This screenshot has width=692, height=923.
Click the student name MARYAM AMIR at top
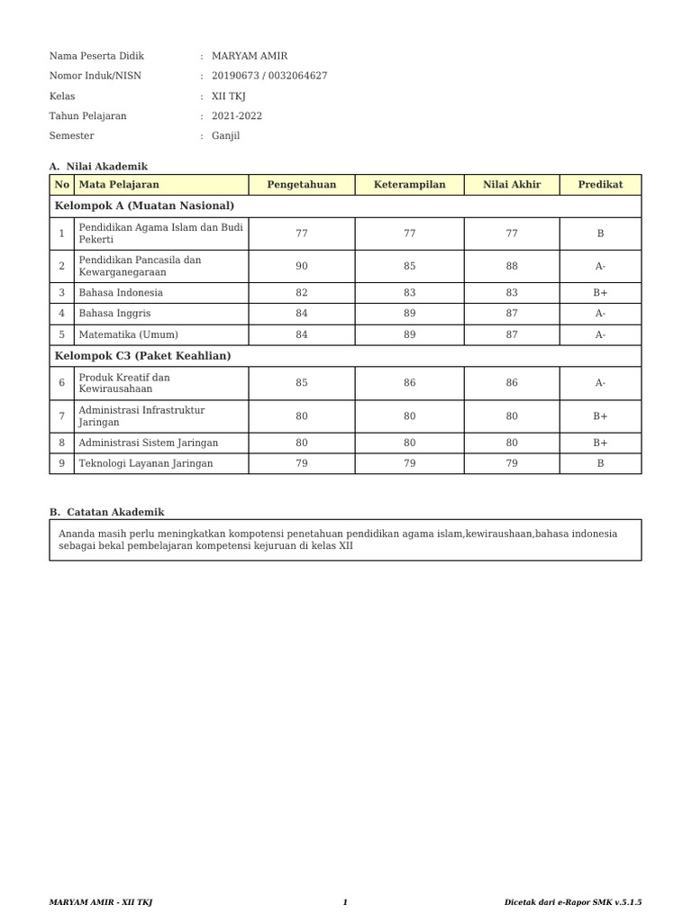click(x=250, y=56)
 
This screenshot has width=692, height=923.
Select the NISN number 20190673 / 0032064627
click(x=269, y=76)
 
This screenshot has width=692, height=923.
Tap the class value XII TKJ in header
click(x=229, y=96)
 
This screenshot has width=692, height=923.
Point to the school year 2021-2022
click(x=237, y=115)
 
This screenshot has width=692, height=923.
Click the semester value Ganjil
click(x=226, y=135)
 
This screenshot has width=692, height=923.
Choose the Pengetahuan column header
click(x=301, y=185)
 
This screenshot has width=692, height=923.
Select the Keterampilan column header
click(x=409, y=185)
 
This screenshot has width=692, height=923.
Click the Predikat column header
click(x=600, y=185)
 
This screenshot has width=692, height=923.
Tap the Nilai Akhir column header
click(x=512, y=185)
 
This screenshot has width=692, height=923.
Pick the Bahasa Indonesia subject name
click(x=121, y=293)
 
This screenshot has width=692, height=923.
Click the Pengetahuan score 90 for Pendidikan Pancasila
click(x=301, y=266)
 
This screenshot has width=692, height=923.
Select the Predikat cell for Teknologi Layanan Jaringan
click(x=600, y=464)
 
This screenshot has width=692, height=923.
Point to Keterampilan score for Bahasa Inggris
click(x=409, y=314)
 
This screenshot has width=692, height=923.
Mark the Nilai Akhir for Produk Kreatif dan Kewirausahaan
click(x=512, y=383)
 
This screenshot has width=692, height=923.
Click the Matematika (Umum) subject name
click(x=128, y=334)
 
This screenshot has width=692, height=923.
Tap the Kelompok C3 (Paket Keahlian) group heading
click(x=142, y=356)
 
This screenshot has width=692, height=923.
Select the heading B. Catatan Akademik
click(x=107, y=512)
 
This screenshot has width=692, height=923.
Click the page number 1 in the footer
click(x=345, y=902)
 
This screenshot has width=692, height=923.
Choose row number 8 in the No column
click(x=61, y=443)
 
